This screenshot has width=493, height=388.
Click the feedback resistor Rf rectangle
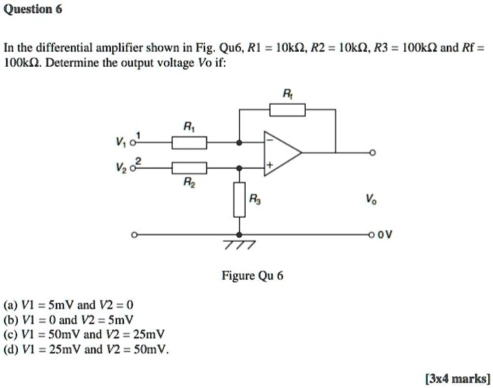point(286,109)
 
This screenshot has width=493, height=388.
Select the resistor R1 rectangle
point(189,143)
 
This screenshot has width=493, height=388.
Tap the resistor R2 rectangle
point(189,167)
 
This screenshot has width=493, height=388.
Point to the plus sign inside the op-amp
point(271,166)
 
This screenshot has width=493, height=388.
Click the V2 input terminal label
point(125,167)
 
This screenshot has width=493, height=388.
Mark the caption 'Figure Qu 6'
point(252,276)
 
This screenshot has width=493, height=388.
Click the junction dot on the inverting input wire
point(239,143)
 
